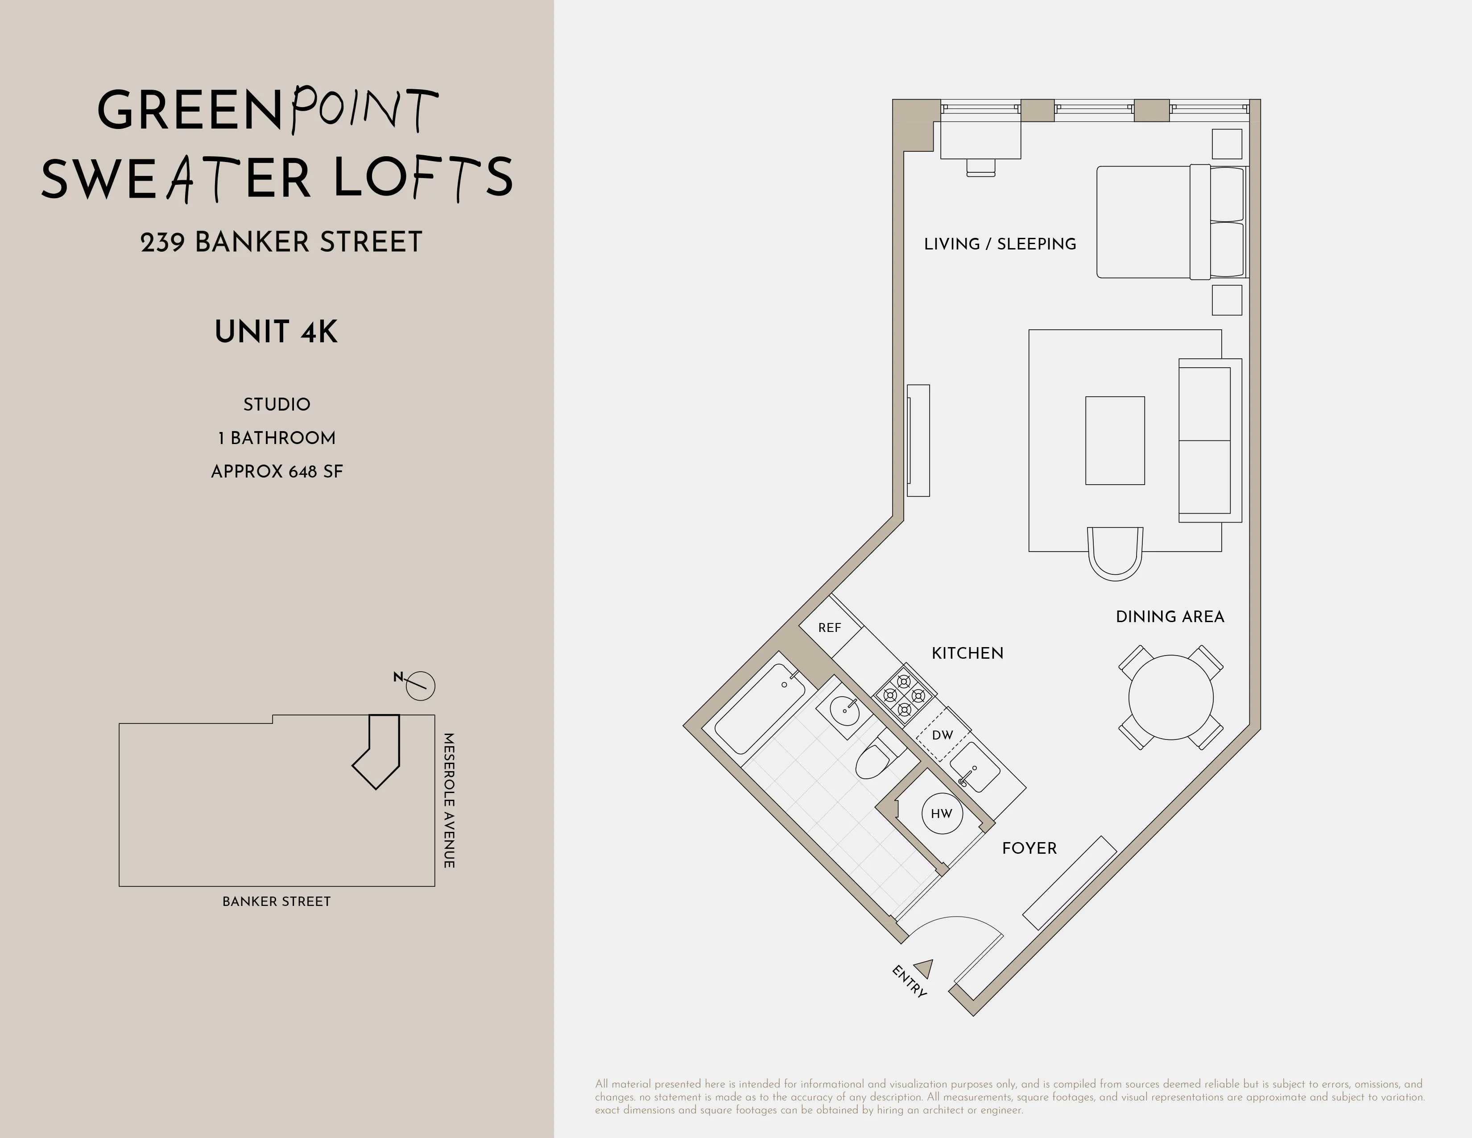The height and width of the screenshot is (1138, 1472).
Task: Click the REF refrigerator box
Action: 830,627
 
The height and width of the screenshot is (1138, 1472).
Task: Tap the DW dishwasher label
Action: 942,735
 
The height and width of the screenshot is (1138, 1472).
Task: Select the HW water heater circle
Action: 942,814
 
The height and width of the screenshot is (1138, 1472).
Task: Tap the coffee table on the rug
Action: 1115,440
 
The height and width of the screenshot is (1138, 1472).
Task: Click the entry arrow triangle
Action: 925,969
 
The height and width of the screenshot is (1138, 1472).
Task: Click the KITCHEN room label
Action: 967,653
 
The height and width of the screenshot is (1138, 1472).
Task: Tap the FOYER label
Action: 1029,848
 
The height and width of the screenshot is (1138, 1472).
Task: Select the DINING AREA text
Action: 1170,617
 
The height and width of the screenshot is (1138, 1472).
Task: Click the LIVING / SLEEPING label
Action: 1000,244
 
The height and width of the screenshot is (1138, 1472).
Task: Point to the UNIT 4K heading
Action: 277,332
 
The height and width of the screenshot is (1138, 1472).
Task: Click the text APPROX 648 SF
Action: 277,471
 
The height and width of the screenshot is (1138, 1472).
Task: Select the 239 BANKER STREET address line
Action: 281,242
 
